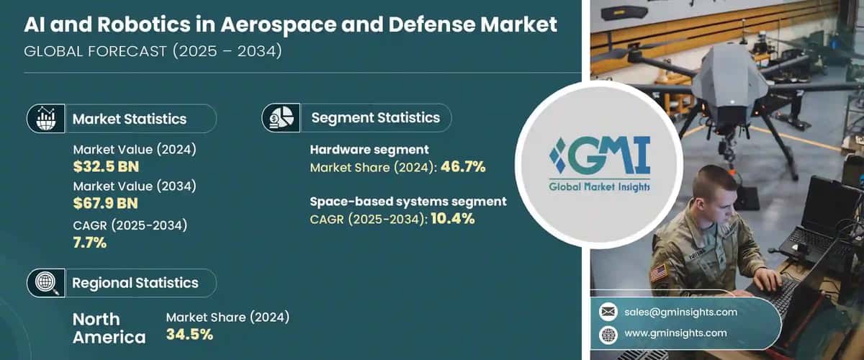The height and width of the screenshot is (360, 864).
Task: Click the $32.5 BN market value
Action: pos(106,167)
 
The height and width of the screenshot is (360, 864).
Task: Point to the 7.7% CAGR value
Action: pos(90,243)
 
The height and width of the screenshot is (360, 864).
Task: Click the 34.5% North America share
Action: pos(190,334)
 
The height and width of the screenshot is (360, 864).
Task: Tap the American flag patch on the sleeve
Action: pos(658,273)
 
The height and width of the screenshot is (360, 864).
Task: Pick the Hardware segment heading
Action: pos(369,150)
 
